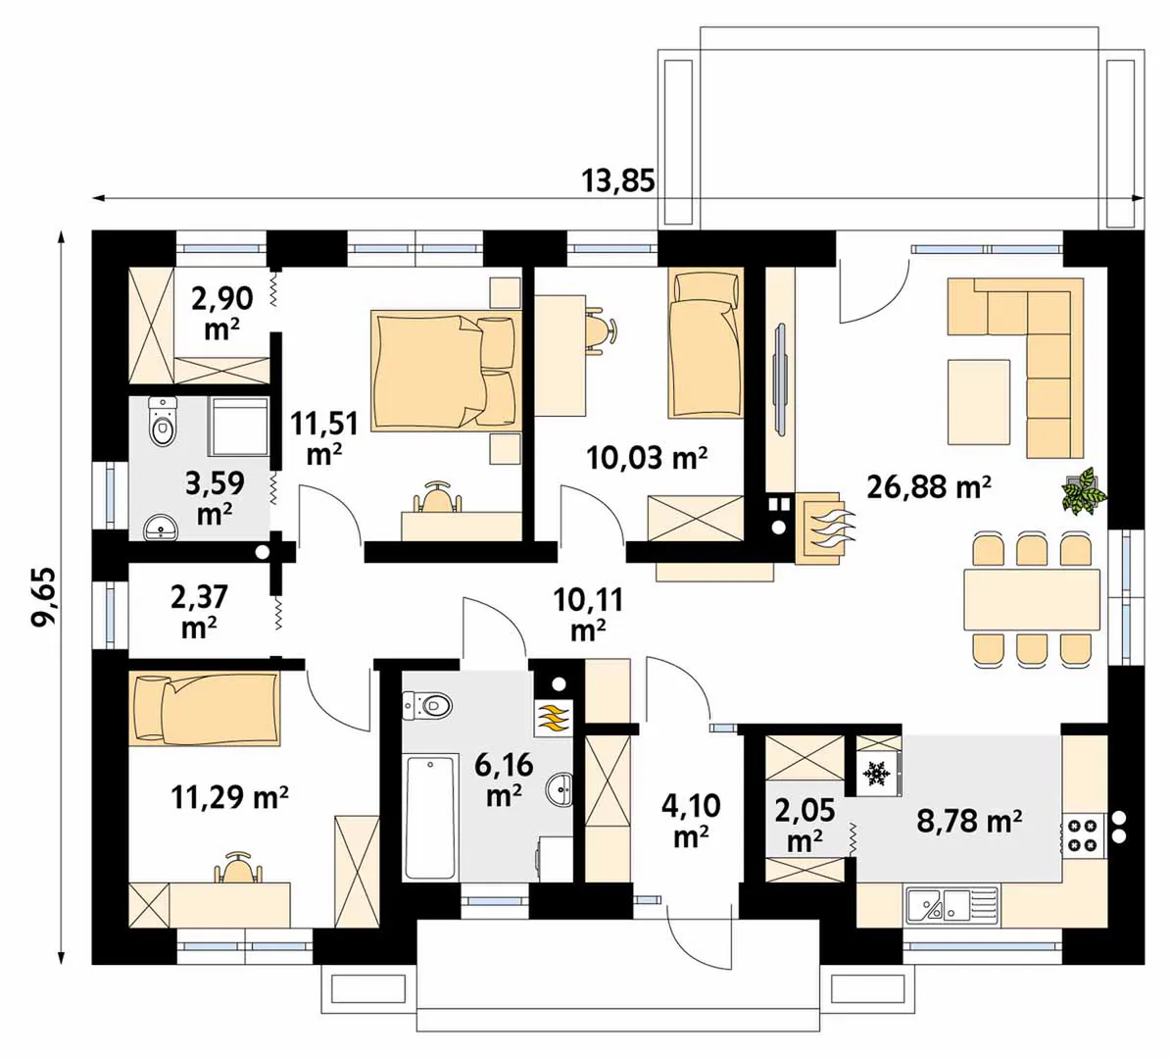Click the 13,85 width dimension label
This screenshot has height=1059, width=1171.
tap(618, 180)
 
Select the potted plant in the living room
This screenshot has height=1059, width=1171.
tap(1085, 490)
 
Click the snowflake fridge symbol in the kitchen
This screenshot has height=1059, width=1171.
tap(874, 772)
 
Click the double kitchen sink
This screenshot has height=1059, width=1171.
tap(950, 905)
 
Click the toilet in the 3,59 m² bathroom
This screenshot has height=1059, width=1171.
tap(162, 423)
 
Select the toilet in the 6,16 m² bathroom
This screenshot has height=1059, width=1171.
tap(427, 704)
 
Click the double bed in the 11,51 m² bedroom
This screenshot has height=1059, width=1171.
tap(447, 372)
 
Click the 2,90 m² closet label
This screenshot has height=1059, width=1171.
tap(221, 314)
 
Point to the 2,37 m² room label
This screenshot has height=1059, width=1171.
tap(199, 612)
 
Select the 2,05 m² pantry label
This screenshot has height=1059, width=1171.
tap(805, 826)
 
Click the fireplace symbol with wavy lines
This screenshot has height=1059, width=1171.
tap(824, 528)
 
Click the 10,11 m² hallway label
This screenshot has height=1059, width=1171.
tap(588, 615)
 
